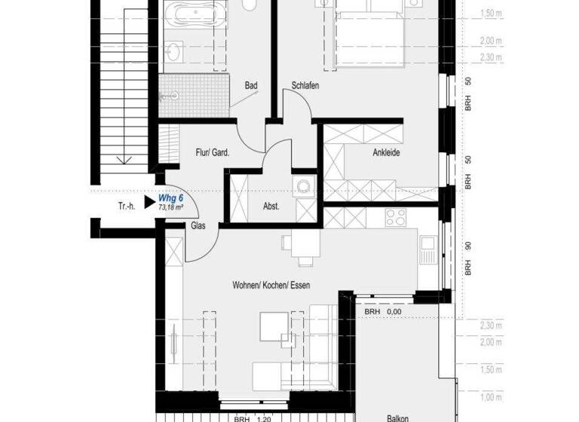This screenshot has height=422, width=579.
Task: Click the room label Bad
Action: (251, 86)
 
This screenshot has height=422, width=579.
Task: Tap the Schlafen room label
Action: (305, 86)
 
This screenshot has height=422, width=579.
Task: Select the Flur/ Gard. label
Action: (212, 152)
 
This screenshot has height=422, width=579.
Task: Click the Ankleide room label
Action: (386, 153)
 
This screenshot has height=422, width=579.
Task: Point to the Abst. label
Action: (271, 206)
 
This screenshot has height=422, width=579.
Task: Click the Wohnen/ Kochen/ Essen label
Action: (271, 286)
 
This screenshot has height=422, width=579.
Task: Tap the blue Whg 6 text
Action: (171, 198)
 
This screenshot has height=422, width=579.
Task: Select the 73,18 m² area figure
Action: (171, 206)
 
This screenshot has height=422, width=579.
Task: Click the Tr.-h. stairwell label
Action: (127, 206)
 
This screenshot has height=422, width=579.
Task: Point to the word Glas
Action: (198, 225)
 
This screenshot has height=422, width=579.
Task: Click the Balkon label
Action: (398, 417)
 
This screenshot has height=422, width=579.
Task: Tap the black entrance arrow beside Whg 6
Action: (148, 201)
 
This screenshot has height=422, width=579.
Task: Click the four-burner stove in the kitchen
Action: (396, 217)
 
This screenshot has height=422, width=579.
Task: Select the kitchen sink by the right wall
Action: (428, 249)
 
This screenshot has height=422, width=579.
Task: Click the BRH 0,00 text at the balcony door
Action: (382, 310)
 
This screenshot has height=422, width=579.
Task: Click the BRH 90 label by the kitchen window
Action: (467, 256)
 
